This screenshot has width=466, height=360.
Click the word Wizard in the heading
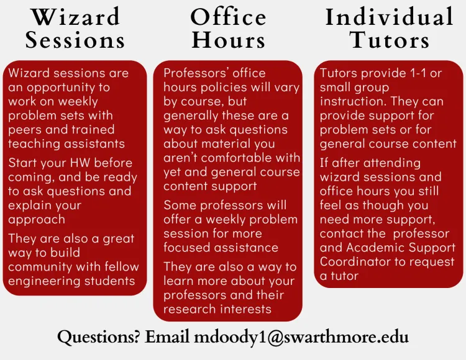click(76, 17)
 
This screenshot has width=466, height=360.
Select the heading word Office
click(228, 17)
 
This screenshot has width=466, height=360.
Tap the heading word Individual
click(390, 17)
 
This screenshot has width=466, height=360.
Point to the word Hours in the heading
click(228, 40)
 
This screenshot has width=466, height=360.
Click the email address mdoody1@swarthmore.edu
click(301, 337)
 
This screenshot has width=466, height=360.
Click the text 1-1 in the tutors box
click(418, 73)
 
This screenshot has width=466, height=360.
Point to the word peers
click(25, 130)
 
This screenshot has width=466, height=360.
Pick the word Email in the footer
click(167, 337)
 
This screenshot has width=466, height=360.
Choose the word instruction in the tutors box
click(354, 102)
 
